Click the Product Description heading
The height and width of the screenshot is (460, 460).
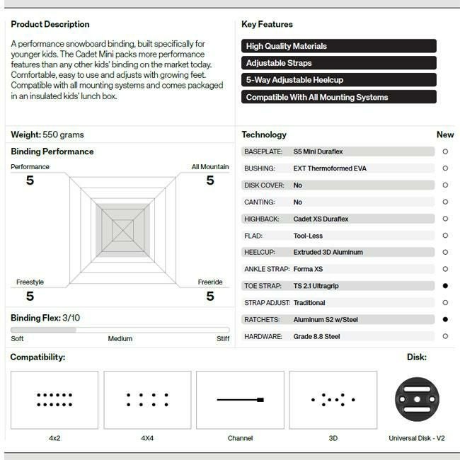pyautogui.click(x=50, y=24)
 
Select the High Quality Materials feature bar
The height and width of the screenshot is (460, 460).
pyautogui.click(x=338, y=46)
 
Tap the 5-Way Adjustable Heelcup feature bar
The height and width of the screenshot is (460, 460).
pyautogui.click(x=338, y=80)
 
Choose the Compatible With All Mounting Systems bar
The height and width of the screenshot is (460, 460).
pyautogui.click(x=338, y=97)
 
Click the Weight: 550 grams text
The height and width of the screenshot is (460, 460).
pyautogui.click(x=47, y=134)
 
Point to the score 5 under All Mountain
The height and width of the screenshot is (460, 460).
pyautogui.click(x=210, y=180)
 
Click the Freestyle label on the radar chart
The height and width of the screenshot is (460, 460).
pyautogui.click(x=30, y=282)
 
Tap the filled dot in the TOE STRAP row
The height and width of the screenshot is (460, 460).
pyautogui.click(x=445, y=286)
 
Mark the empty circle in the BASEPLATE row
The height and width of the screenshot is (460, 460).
pyautogui.click(x=445, y=151)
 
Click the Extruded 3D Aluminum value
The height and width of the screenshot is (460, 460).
pyautogui.click(x=328, y=252)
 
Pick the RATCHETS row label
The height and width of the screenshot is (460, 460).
pyautogui.click(x=262, y=319)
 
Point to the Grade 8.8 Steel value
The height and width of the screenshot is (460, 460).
pyautogui.click(x=316, y=336)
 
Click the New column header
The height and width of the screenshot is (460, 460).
pyautogui.click(x=445, y=134)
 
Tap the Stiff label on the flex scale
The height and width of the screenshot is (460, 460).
pyautogui.click(x=223, y=338)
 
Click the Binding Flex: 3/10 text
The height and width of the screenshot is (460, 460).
pyautogui.click(x=45, y=318)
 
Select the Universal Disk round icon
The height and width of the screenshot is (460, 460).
pyautogui.click(x=417, y=400)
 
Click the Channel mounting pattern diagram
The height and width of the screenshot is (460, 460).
pyautogui.click(x=240, y=400)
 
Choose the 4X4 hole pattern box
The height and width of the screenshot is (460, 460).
pyautogui.click(x=147, y=400)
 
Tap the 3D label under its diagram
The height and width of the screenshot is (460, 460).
pyautogui.click(x=333, y=438)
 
